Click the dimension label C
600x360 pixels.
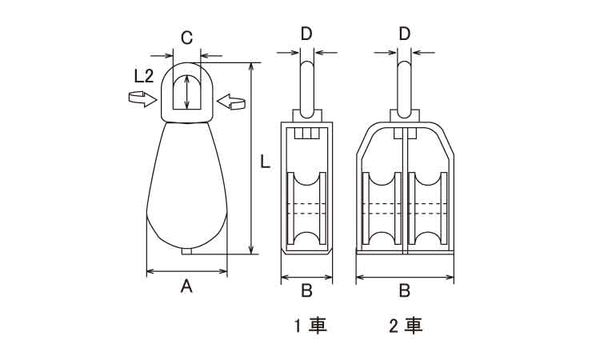(x=186, y=37)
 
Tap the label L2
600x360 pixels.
(x=144, y=76)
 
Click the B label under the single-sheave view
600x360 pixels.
(x=306, y=290)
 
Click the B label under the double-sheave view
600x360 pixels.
(x=404, y=290)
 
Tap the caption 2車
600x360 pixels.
(x=405, y=326)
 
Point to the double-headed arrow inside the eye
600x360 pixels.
(x=186, y=93)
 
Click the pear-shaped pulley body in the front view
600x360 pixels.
(x=186, y=188)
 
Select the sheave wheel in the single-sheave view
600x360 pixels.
(x=306, y=210)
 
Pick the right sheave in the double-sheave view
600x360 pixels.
(x=429, y=210)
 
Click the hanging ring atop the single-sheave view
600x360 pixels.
(x=306, y=80)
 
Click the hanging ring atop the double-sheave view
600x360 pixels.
(x=405, y=80)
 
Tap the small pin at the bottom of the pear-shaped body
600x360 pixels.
(x=187, y=252)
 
